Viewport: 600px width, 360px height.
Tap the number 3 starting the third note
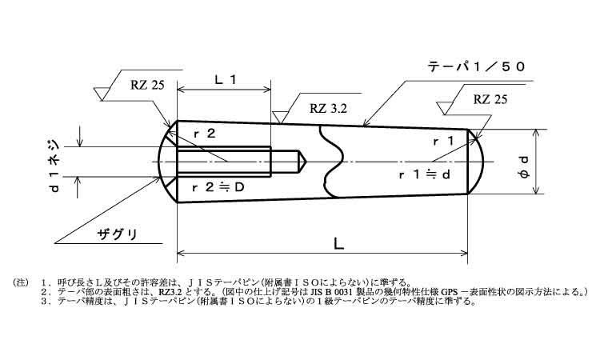pos(42,302)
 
